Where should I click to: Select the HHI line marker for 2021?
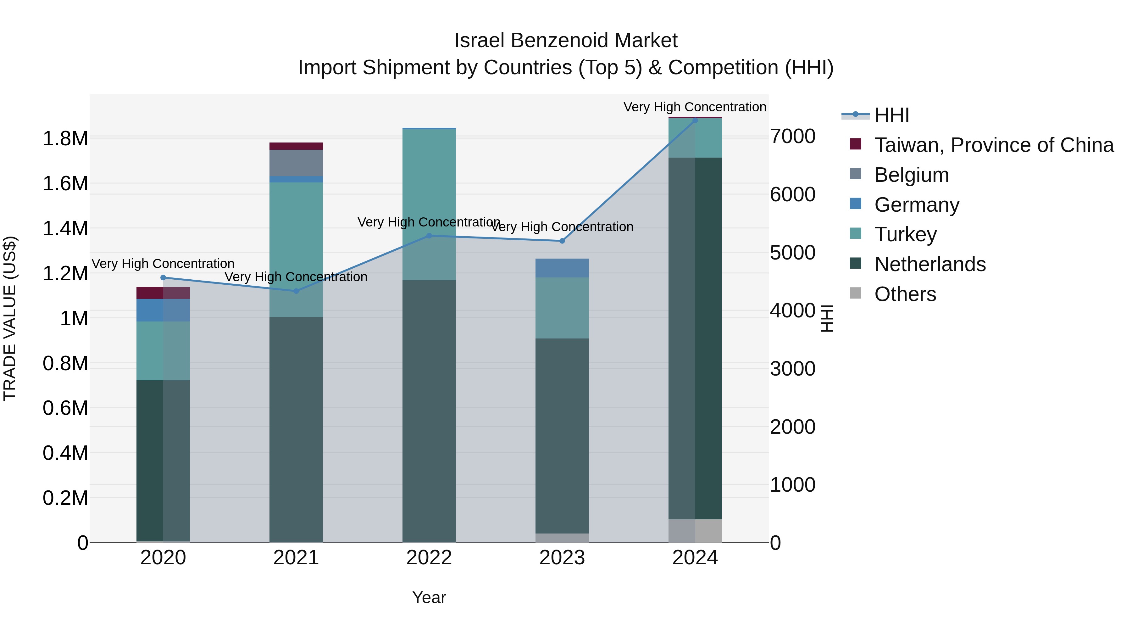296,291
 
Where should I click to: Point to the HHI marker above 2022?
429,236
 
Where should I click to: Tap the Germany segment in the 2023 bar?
562,268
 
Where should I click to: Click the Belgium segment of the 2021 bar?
296,163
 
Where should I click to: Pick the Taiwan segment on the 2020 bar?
163,293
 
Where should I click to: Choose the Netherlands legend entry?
930,264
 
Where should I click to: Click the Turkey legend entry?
905,234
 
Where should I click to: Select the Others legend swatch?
856,293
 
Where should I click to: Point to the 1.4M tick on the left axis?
65,229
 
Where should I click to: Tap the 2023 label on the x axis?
562,558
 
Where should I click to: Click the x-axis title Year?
429,597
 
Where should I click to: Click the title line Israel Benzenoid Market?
566,41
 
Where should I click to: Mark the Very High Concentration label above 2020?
163,264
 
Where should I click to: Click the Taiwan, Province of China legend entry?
994,145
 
